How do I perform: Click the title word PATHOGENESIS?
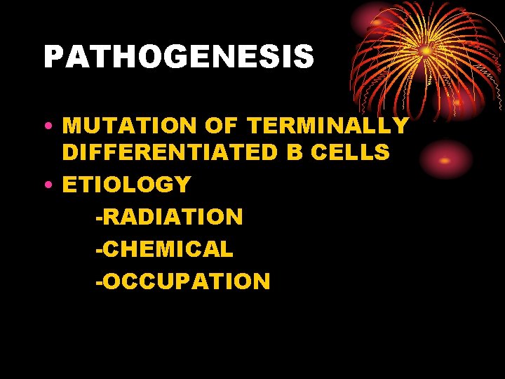point(179,57)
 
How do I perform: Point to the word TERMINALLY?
point(328,126)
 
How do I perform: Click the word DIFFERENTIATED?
point(170,152)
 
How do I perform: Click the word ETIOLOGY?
point(127,185)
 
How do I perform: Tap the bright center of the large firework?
point(425,51)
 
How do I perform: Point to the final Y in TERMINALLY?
point(400,126)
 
